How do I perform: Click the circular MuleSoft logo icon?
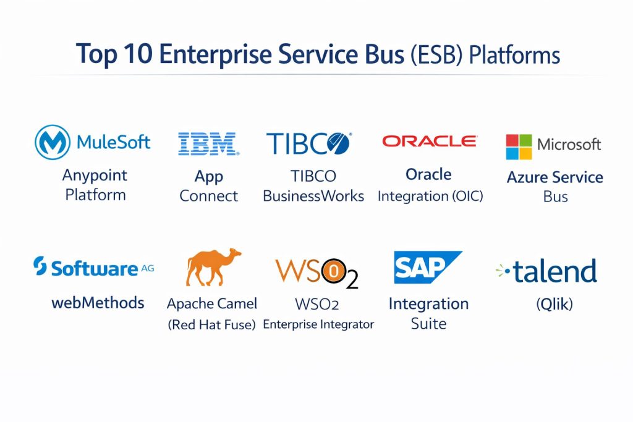coord(53,142)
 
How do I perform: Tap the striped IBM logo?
coord(208,144)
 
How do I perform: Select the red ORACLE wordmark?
coord(430,141)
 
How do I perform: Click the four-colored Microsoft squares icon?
coord(519,147)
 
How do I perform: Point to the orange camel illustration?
coord(213,267)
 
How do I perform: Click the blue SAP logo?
coord(428,267)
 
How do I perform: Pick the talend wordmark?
coord(554,271)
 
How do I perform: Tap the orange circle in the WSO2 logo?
coord(334,271)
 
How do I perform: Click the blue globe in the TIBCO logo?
coord(338,144)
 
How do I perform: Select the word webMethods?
coord(98,303)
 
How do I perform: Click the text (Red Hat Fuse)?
coord(211,324)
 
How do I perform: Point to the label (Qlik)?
coord(554,304)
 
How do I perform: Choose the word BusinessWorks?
coord(313,196)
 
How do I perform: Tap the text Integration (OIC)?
coord(430,196)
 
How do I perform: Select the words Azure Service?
coord(555,177)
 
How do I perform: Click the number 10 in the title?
coord(138,54)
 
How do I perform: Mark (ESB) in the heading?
coord(436,55)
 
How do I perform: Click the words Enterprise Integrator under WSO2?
coord(318,324)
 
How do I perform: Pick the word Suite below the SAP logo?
coord(429,324)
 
